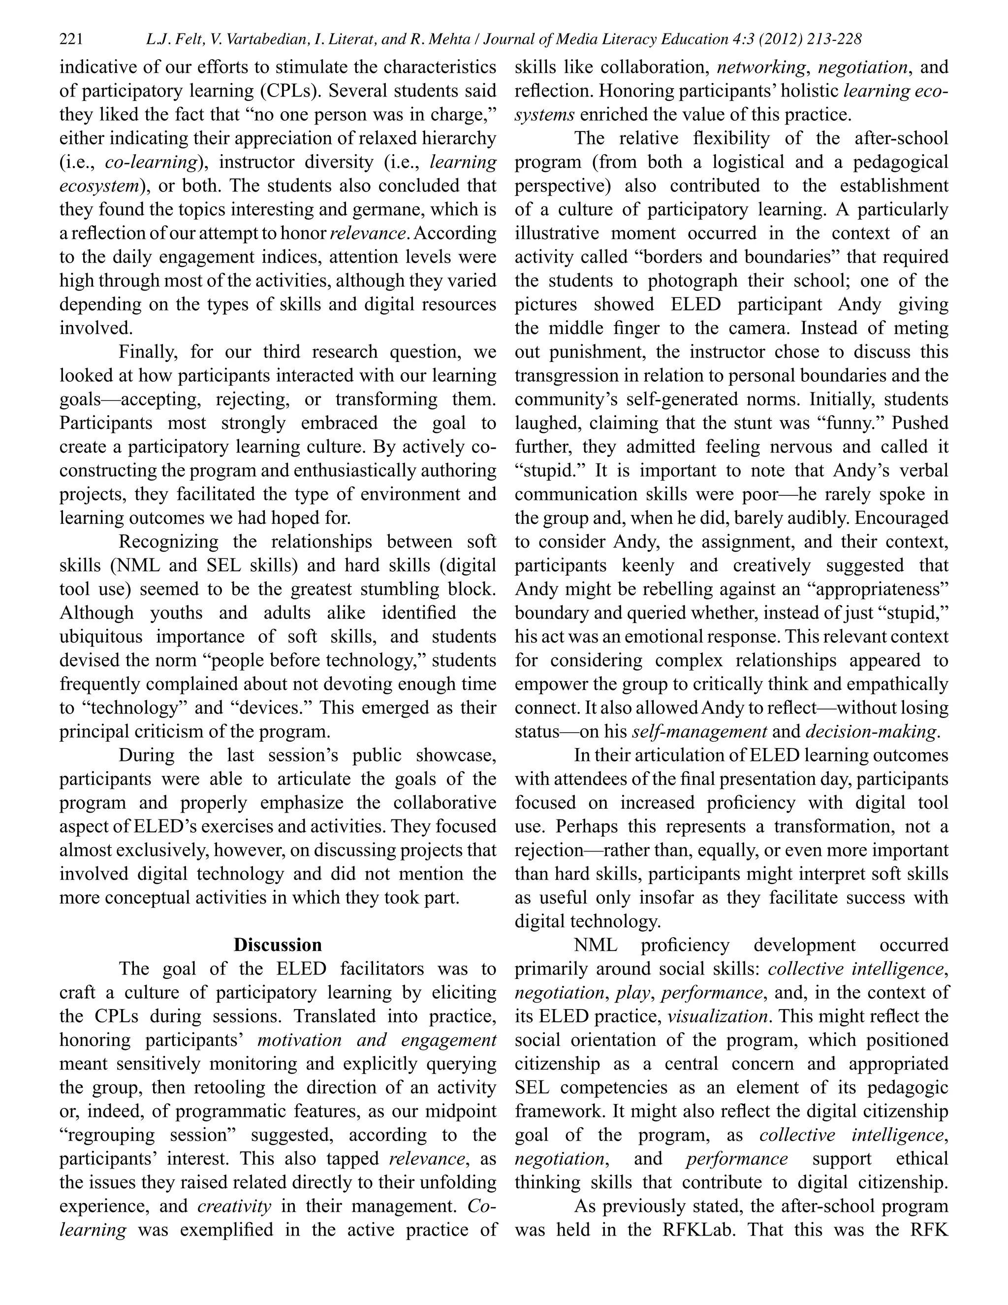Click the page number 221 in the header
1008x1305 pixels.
point(71,39)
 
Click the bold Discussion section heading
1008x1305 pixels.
point(277,945)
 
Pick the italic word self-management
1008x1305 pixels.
point(699,731)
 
